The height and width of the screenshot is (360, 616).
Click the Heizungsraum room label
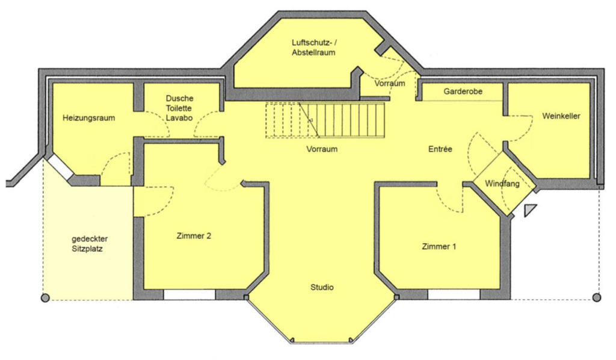point(88,118)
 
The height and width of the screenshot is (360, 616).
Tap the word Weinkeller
point(561,116)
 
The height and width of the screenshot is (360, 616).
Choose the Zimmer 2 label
point(194,236)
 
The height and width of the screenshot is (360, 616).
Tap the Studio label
point(322,287)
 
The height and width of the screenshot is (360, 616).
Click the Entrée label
point(440,149)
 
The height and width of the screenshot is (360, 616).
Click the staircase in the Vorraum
point(325,120)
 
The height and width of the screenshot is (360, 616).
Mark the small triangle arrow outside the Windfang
point(529,210)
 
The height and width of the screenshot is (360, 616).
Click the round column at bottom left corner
point(45,297)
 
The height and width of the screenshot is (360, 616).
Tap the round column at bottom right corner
point(596,297)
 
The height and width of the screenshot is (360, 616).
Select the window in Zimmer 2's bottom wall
point(189,295)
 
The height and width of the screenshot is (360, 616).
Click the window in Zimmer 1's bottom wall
point(454,295)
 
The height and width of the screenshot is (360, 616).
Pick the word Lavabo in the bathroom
point(179,119)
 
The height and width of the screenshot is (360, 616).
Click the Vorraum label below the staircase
point(321,149)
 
